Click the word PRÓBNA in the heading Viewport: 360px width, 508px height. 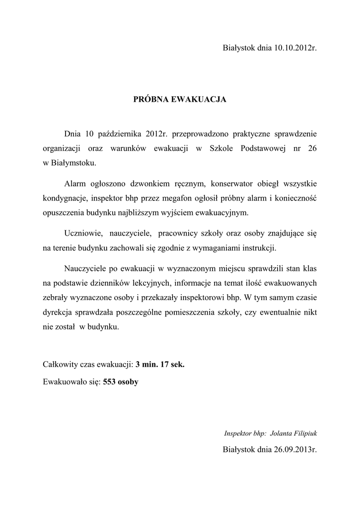151,100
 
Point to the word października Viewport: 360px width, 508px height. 120,134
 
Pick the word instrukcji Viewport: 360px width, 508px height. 259,247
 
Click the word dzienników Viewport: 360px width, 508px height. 126,283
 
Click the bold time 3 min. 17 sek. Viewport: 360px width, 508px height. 160,364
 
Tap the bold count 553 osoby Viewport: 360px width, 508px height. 121,382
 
